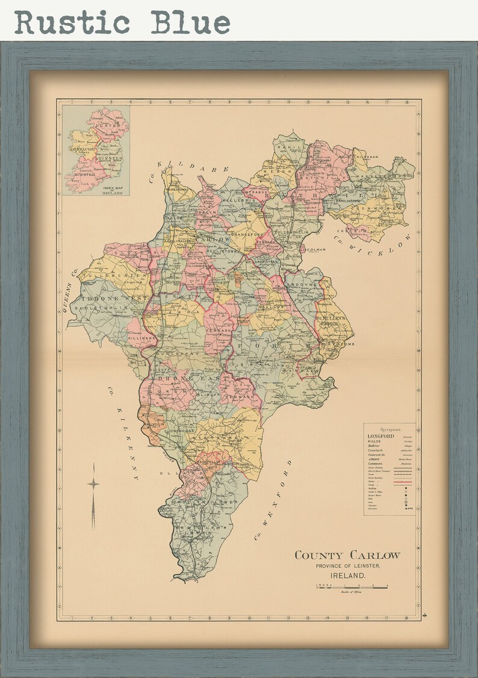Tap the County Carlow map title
pyautogui.click(x=347, y=555)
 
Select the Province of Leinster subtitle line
pyautogui.click(x=347, y=566)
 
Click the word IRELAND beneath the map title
pyautogui.click(x=347, y=576)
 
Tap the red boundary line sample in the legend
pyautogui.click(x=403, y=482)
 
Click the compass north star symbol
pyautogui.click(x=93, y=484)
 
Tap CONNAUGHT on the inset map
pyautogui.click(x=84, y=148)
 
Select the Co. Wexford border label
pyautogui.click(x=272, y=500)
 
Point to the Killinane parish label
pyautogui.click(x=141, y=339)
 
